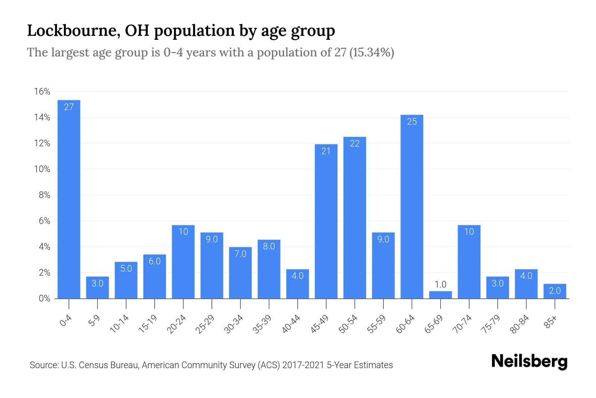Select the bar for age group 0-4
pos(69,199)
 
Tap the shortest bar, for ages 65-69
pos(440,295)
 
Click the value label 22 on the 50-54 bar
pos(355,144)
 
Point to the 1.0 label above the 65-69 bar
pos(440,284)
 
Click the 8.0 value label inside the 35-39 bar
pos(269,246)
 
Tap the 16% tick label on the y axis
pos(42,92)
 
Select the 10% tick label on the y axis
pos(42,169)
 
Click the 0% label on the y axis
pos(44,298)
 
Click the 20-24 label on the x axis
pos(176,324)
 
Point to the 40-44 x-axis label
pos(291,324)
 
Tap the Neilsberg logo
pos(529,362)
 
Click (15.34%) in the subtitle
pos(372,53)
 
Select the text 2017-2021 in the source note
pos(303,365)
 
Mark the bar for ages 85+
pos(555,291)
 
